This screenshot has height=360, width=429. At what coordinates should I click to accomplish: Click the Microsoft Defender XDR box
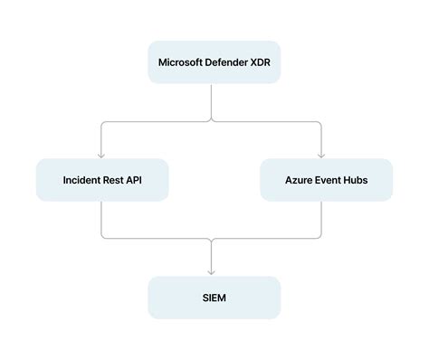point(214,62)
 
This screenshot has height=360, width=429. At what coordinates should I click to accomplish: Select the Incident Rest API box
point(102,180)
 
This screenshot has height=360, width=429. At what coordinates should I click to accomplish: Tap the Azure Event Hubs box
point(326,180)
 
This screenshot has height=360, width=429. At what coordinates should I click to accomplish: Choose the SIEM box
point(214,298)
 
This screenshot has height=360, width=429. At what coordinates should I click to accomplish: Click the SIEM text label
point(214,298)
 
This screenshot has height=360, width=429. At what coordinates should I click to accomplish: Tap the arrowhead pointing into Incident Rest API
point(102,154)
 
